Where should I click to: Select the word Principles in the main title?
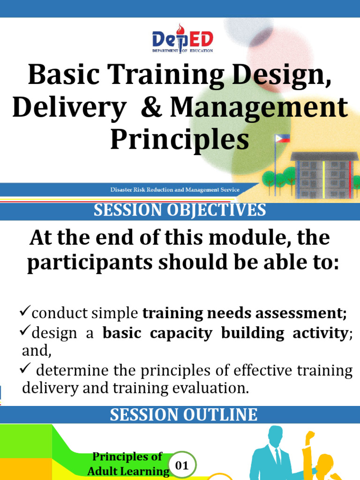pos(180,140)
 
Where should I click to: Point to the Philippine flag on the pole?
pos(282,138)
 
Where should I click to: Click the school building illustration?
pos(324,174)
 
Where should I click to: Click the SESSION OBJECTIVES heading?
pos(180,210)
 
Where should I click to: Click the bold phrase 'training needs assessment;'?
pos(245,313)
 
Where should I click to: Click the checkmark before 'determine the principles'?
pos(26,369)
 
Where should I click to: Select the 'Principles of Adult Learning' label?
pos(127,464)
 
